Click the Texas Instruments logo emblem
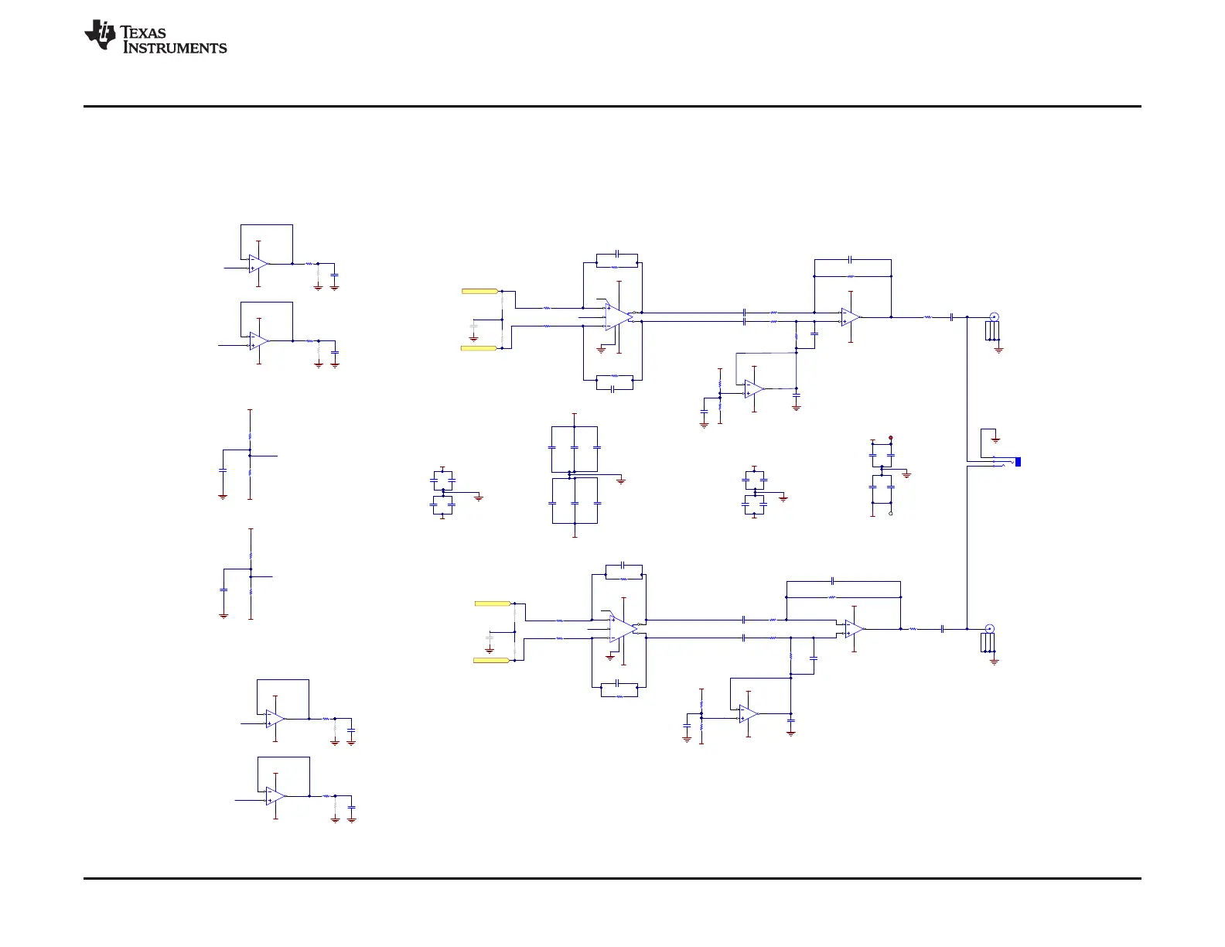click(100, 36)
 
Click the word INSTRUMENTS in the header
click(176, 48)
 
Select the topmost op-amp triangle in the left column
click(258, 264)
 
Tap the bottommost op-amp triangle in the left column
click(275, 796)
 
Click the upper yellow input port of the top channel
click(479, 291)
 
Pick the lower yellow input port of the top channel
click(479, 348)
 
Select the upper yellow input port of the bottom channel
click(492, 603)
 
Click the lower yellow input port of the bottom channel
click(492, 660)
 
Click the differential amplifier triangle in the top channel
click(618, 316)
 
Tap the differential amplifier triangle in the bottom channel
click(623, 628)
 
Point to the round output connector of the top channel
click(994, 316)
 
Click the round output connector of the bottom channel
click(989, 628)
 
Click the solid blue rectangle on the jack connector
click(1018, 462)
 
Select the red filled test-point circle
click(891, 438)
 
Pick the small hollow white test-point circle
click(891, 513)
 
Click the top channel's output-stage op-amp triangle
click(851, 316)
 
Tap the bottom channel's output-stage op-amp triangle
click(855, 628)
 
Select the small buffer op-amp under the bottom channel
click(749, 713)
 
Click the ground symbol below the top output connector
click(998, 350)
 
